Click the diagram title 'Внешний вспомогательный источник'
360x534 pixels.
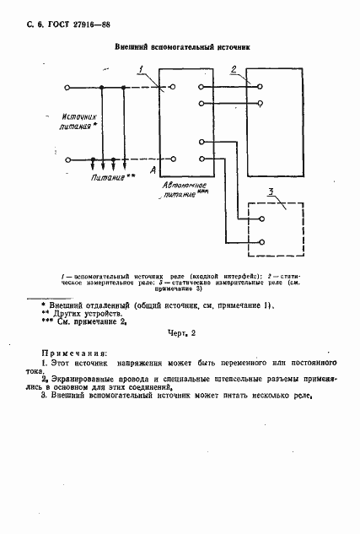182,50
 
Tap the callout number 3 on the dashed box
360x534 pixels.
268,194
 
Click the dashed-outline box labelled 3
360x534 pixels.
278,229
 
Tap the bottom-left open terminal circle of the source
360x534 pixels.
171,159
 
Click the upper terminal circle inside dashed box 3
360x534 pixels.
263,218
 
